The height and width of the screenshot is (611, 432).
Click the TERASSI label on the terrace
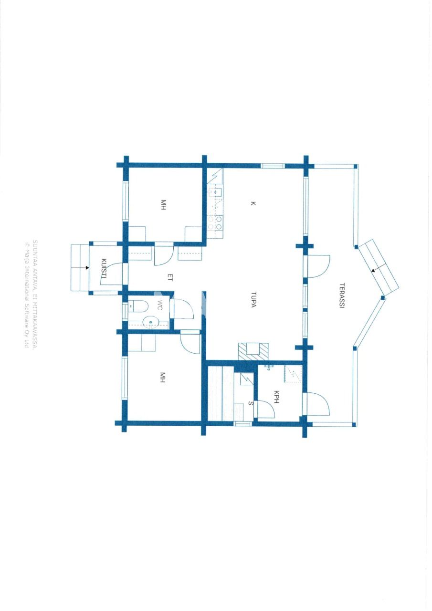click(x=342, y=296)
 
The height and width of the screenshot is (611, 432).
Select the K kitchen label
click(x=253, y=204)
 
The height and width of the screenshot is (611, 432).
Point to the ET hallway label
click(x=170, y=276)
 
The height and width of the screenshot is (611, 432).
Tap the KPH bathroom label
click(x=276, y=397)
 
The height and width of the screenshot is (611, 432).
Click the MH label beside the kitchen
click(x=163, y=206)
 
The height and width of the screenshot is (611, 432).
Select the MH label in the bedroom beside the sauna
click(x=163, y=378)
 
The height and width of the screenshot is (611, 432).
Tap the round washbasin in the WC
click(x=150, y=323)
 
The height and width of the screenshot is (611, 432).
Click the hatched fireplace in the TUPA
click(x=253, y=352)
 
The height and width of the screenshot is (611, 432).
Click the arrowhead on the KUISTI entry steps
click(x=87, y=267)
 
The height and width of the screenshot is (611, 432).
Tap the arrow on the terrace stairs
click(x=374, y=270)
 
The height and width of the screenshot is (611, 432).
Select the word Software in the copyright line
click(x=26, y=312)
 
